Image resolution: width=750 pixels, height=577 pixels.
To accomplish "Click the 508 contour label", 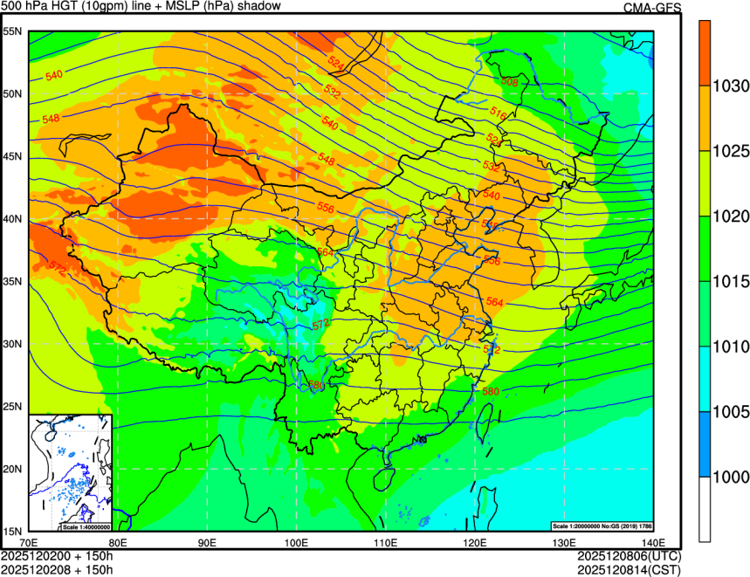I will click(510, 82).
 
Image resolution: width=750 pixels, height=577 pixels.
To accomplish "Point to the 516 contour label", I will click(499, 113).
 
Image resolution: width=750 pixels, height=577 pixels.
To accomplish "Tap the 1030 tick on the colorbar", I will click(730, 86).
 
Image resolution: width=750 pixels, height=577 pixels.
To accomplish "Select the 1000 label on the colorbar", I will click(730, 477).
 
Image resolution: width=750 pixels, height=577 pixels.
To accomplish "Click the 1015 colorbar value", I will click(730, 282).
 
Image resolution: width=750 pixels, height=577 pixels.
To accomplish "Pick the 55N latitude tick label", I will click(12, 31).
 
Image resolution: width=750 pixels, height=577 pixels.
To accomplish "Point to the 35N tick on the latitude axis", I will click(12, 282).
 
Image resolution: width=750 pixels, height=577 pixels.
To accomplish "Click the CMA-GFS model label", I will click(651, 8).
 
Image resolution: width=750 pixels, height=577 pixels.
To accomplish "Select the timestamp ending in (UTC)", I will click(629, 556).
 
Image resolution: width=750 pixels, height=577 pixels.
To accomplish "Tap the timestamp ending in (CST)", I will click(629, 569).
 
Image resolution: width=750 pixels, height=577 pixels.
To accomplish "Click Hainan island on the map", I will click(382, 479).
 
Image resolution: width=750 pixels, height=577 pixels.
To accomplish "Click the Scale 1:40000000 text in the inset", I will click(85, 527).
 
